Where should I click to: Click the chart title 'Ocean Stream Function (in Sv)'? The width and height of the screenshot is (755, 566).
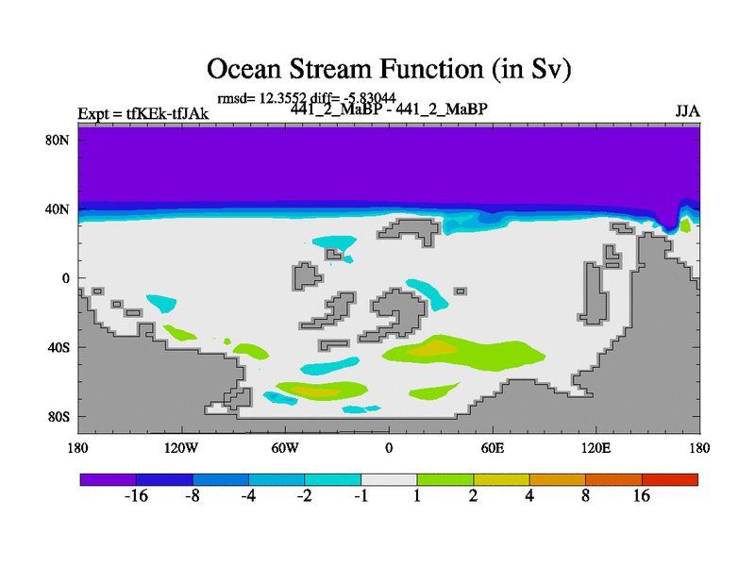pyautogui.click(x=389, y=69)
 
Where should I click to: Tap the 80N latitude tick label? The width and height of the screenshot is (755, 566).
pyautogui.click(x=57, y=140)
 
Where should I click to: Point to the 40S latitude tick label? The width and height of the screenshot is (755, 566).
pyautogui.click(x=59, y=347)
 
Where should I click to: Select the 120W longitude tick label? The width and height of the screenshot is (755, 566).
pyautogui.click(x=181, y=449)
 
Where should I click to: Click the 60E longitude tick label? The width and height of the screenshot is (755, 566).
pyautogui.click(x=493, y=449)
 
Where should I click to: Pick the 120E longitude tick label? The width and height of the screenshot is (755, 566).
pyautogui.click(x=596, y=449)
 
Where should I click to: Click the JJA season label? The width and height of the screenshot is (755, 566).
pyautogui.click(x=688, y=111)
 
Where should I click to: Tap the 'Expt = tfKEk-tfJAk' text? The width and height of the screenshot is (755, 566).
pyautogui.click(x=143, y=113)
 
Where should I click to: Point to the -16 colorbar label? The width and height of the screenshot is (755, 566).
pyautogui.click(x=136, y=496)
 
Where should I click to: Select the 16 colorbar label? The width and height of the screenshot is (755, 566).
pyautogui.click(x=642, y=496)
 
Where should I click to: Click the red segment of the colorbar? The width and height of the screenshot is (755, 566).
pyautogui.click(x=670, y=479)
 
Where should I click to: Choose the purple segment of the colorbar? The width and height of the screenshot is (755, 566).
pyautogui.click(x=109, y=479)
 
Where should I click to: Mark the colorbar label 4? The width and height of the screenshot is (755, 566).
pyautogui.click(x=529, y=496)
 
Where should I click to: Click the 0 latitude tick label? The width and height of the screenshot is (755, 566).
pyautogui.click(x=65, y=278)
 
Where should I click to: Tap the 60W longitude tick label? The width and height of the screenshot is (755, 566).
pyautogui.click(x=285, y=449)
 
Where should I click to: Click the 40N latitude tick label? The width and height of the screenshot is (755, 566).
pyautogui.click(x=57, y=209)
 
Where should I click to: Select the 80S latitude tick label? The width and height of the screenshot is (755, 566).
pyautogui.click(x=59, y=417)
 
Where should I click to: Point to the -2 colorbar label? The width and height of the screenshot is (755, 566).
pyautogui.click(x=304, y=496)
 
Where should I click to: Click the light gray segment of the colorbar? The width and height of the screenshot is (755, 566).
pyautogui.click(x=389, y=479)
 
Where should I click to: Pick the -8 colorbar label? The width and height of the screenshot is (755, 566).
pyautogui.click(x=193, y=496)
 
